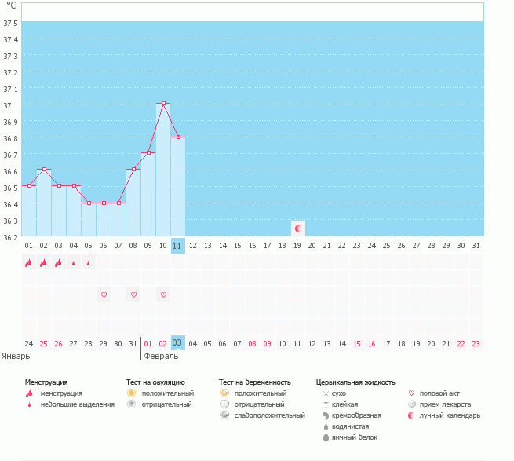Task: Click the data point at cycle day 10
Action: [x=163, y=104]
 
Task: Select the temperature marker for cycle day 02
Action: [x=44, y=170]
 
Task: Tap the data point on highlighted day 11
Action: [x=178, y=137]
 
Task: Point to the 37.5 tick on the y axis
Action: [x=11, y=23]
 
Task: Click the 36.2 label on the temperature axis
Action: [x=11, y=236]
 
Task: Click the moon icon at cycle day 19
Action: [x=297, y=229]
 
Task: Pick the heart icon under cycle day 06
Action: [x=104, y=295]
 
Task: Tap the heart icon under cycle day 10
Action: [x=163, y=295]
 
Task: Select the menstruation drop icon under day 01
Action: [x=29, y=263]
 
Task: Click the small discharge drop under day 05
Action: [x=89, y=263]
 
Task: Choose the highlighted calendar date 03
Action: [x=177, y=342]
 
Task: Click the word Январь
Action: [x=16, y=356]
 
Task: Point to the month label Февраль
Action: [x=161, y=356]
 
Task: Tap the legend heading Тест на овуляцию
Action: [x=155, y=382]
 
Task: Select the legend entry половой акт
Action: [x=440, y=393]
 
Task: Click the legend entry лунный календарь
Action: [x=450, y=415]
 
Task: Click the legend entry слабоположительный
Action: [x=269, y=415]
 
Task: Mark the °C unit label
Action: [x=11, y=5]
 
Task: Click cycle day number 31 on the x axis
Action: [x=476, y=246]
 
